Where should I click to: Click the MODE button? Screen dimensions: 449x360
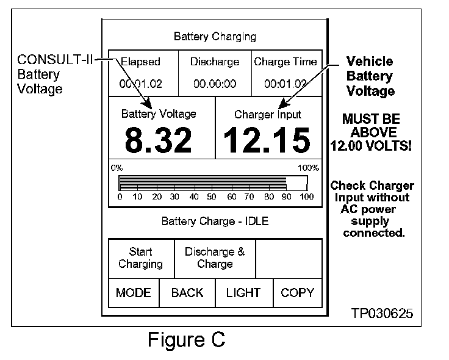pos(133,293)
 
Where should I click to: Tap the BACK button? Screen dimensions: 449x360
pos(187,293)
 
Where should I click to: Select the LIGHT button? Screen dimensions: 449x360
pos(243,293)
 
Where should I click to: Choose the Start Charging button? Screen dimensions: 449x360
pos(140,257)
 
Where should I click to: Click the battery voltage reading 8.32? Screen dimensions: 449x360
pos(159,140)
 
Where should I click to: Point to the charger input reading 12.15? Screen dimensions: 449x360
pos(267,140)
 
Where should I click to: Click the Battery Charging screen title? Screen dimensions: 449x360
pos(215,37)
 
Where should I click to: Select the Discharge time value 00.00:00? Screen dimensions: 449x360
pos(215,84)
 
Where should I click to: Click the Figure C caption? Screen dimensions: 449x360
pos(186,339)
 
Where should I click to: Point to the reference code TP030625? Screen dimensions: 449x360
pos(382,313)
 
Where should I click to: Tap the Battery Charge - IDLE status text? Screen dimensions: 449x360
pos(215,220)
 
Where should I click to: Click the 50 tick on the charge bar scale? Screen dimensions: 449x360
pos(211,197)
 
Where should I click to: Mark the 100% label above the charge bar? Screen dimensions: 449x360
pos(307,167)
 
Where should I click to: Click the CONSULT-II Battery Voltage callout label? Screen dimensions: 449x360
pos(40,74)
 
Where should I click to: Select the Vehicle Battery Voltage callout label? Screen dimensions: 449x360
pos(370,76)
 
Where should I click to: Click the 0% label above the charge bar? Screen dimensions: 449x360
pos(117,167)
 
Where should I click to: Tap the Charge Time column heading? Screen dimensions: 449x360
pos(286,62)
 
